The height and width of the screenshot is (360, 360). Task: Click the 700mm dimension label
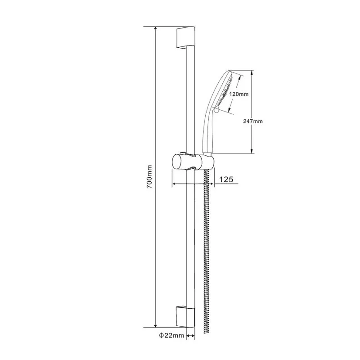click(x=150, y=176)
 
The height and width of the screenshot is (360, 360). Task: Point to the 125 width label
click(x=225, y=179)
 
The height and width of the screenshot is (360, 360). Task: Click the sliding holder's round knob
click(x=177, y=162)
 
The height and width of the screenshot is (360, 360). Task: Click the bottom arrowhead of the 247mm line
click(x=252, y=152)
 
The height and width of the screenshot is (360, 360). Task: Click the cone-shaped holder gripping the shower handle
click(x=208, y=160)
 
